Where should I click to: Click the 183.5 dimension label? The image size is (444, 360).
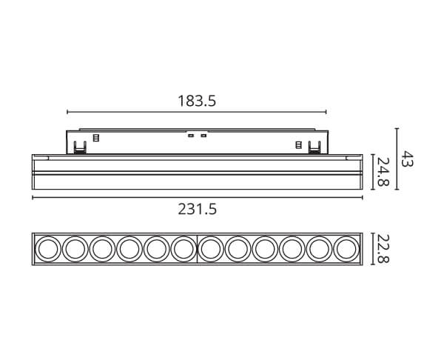tap(197, 101)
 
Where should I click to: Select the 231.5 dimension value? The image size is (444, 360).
tap(198, 210)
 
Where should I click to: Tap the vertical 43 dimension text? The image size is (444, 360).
tap(408, 159)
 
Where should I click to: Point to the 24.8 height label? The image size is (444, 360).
tap(383, 172)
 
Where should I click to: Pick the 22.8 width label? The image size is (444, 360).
tap(383, 249)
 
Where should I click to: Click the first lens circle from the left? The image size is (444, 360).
tap(47, 249)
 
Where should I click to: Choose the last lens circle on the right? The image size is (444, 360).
tap(346, 249)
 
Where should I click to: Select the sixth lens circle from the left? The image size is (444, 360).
tap(184, 249)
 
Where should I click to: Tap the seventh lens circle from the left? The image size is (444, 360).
tap(211, 249)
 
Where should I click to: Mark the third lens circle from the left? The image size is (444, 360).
tap(102, 249)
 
